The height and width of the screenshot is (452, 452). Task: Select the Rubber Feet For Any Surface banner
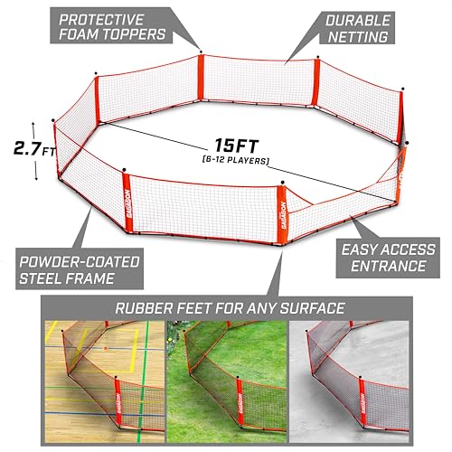click(231, 307)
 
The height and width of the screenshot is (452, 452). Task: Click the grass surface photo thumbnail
click(231, 381)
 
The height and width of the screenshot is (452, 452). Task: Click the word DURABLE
click(359, 19)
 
